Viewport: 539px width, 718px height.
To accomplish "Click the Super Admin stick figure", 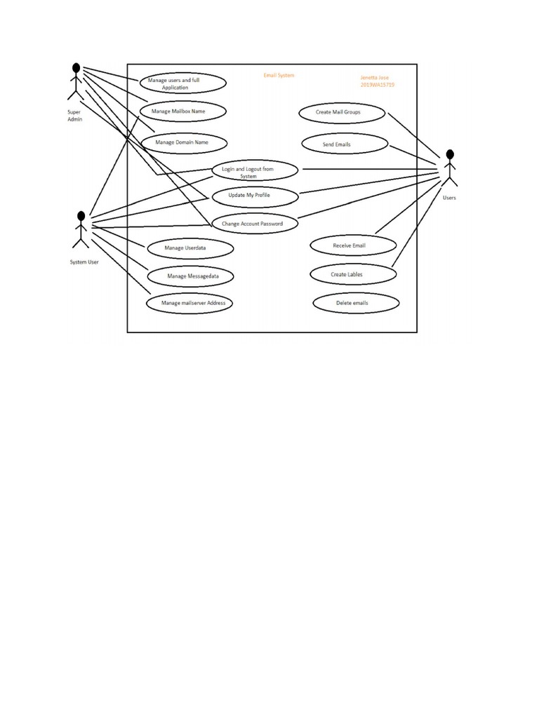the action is (x=75, y=83).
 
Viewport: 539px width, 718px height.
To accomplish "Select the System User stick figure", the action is (x=81, y=229).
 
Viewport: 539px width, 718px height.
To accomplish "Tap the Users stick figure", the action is (x=449, y=169).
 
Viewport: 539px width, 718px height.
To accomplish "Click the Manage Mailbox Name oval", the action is (x=182, y=111).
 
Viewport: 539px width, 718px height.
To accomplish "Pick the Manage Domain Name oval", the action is (x=184, y=142).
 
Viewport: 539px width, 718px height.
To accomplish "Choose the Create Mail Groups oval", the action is (x=342, y=112).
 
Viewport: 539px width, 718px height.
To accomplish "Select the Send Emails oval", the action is (x=345, y=144).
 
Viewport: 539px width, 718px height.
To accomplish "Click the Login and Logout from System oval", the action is (x=255, y=171).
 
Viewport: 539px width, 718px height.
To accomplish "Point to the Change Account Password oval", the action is (x=255, y=224).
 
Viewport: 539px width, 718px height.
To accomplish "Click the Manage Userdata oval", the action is (x=189, y=248).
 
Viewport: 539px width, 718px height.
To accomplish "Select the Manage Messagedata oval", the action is (x=191, y=276).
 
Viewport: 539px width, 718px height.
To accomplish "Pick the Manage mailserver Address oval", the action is (x=189, y=303).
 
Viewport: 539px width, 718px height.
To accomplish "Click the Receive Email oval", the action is (x=354, y=245).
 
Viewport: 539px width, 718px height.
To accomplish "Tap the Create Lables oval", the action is (x=352, y=274).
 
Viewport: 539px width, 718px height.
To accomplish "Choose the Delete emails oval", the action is (x=357, y=303).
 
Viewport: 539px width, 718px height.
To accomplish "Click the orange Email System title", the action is (x=279, y=75).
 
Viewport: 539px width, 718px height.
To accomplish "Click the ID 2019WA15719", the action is (x=377, y=85).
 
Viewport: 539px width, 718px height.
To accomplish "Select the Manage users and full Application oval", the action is (x=182, y=83).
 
